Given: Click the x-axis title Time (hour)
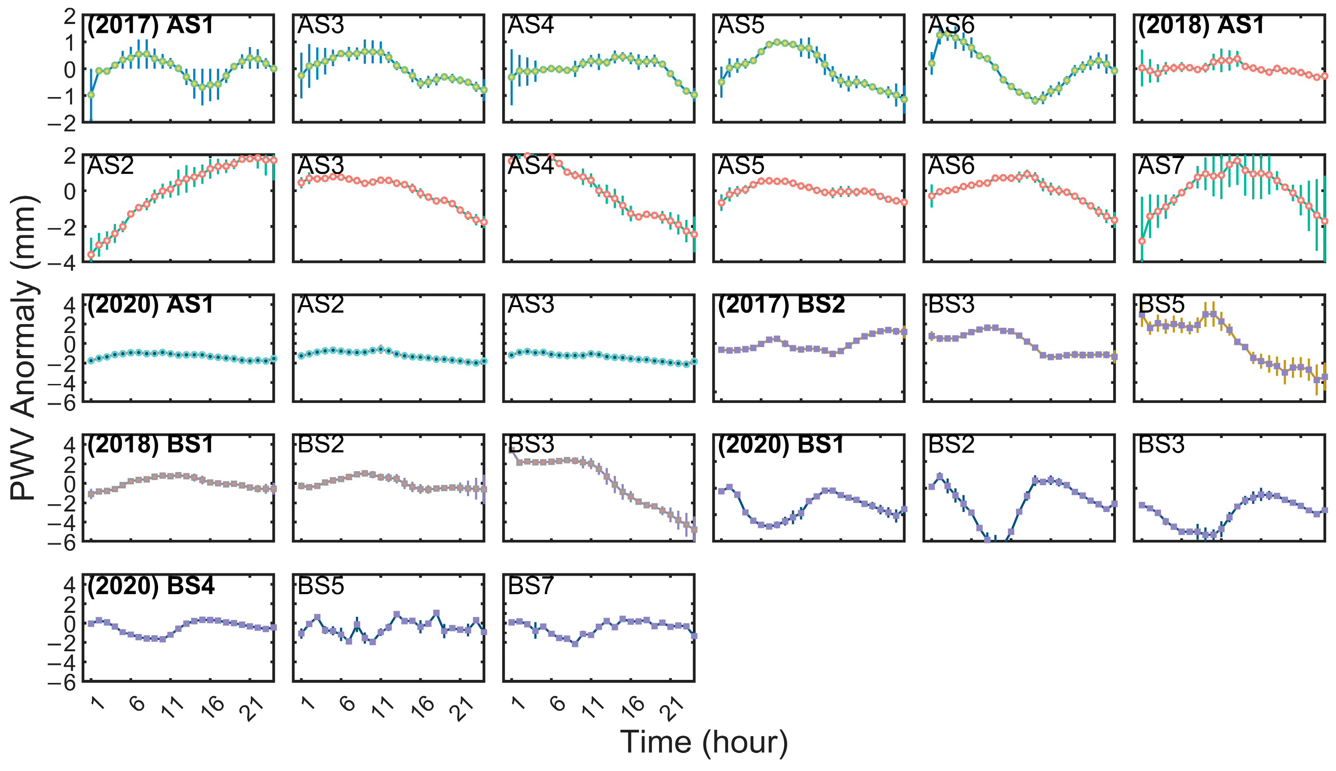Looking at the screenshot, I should [x=704, y=741].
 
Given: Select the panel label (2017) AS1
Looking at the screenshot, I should [x=150, y=25].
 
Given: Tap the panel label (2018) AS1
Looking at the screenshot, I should [x=1201, y=25].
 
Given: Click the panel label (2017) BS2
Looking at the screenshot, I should [x=781, y=305].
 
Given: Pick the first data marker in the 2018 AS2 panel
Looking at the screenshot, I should [x=91, y=255].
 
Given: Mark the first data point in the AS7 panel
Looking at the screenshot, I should [x=1142, y=241].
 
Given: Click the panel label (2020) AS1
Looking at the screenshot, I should [x=150, y=305].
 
